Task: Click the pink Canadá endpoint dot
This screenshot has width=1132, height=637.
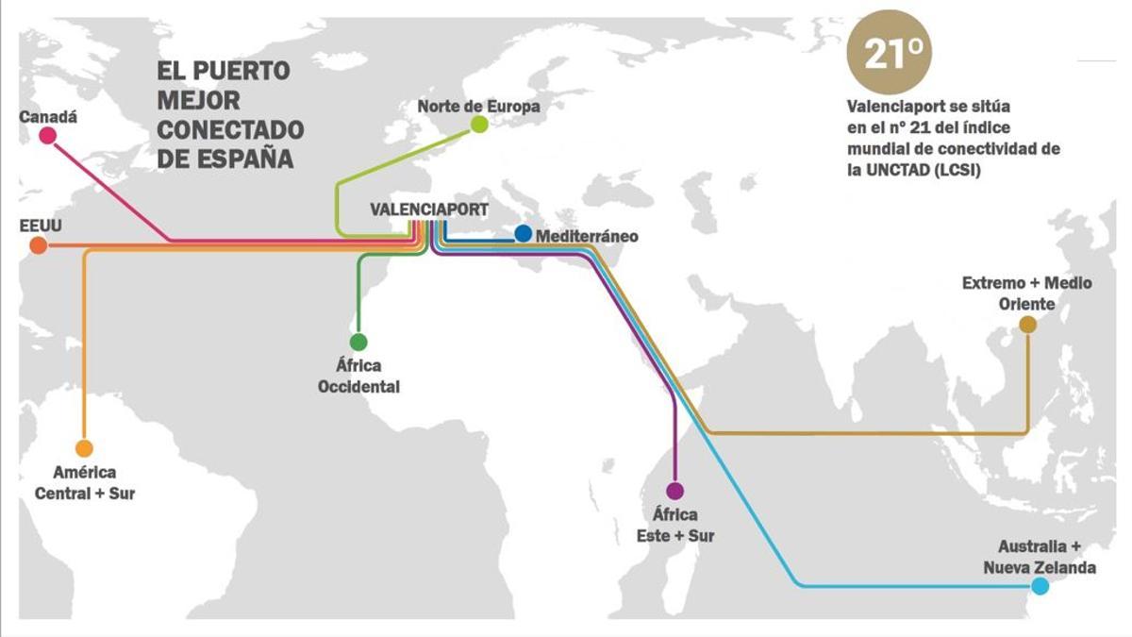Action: [47, 136]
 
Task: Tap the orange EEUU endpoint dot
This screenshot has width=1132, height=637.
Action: [38, 245]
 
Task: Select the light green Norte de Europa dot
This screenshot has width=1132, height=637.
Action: [479, 124]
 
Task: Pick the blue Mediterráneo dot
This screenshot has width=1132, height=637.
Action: [524, 233]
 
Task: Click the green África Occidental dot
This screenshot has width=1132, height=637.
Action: [358, 342]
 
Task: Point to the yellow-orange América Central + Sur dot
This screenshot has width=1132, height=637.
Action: [84, 448]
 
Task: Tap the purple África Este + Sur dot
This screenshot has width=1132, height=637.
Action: [674, 491]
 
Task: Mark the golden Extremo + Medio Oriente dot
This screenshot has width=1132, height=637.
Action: [1028, 325]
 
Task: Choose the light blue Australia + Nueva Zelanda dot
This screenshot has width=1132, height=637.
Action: [1040, 586]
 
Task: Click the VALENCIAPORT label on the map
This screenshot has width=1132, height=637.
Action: [429, 210]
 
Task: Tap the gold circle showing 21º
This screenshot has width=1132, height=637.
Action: [889, 52]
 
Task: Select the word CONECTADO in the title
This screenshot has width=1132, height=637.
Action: [230, 129]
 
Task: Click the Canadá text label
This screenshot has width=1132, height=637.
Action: [48, 117]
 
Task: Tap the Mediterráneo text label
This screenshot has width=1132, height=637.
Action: [587, 235]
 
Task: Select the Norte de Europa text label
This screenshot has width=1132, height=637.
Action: [479, 107]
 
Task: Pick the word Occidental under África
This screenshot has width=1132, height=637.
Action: [358, 386]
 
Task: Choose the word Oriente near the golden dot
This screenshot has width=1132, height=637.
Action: [1026, 303]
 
